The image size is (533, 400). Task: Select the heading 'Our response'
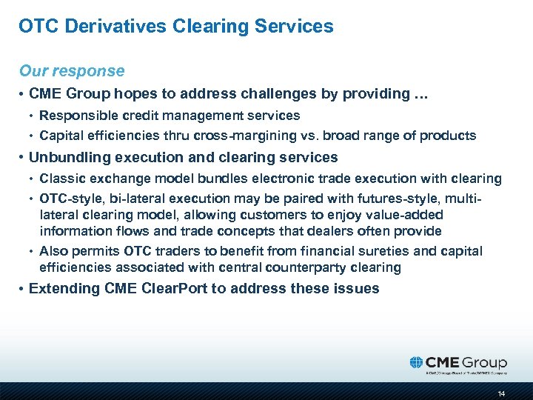tap(72, 71)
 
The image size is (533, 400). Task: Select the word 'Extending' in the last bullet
tap(61, 288)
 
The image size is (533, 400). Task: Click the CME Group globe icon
tap(418, 362)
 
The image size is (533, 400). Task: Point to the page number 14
tap(502, 393)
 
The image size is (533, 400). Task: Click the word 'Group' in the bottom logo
tap(484, 362)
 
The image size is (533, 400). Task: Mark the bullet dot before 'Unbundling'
tap(22, 158)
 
